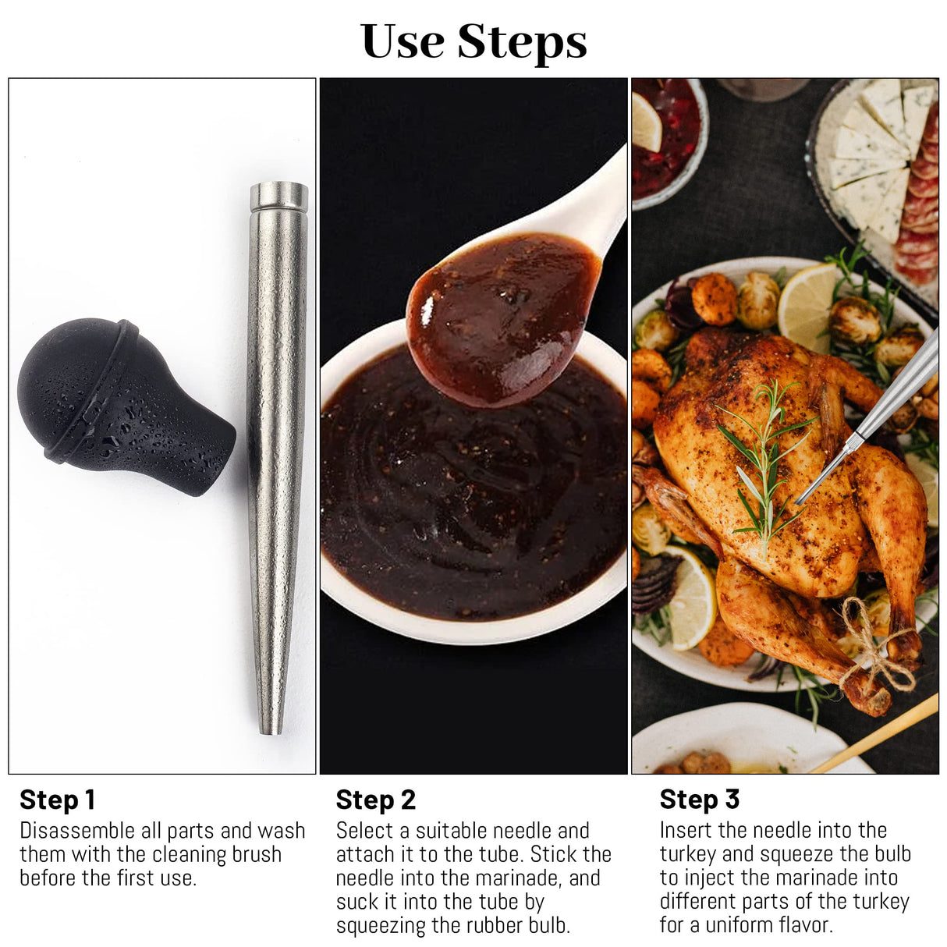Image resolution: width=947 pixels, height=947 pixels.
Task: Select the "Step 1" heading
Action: point(57,800)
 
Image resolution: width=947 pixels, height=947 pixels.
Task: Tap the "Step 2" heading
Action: point(375,800)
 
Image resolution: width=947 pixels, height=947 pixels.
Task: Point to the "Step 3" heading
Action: point(699,799)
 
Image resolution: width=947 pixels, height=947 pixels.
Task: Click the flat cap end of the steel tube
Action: point(278,195)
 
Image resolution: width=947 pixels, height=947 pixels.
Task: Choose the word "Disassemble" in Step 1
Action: point(77,831)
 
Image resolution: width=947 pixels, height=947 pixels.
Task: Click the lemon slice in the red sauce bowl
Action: point(646,121)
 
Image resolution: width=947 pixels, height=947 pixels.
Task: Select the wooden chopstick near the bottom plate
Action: point(874,733)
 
